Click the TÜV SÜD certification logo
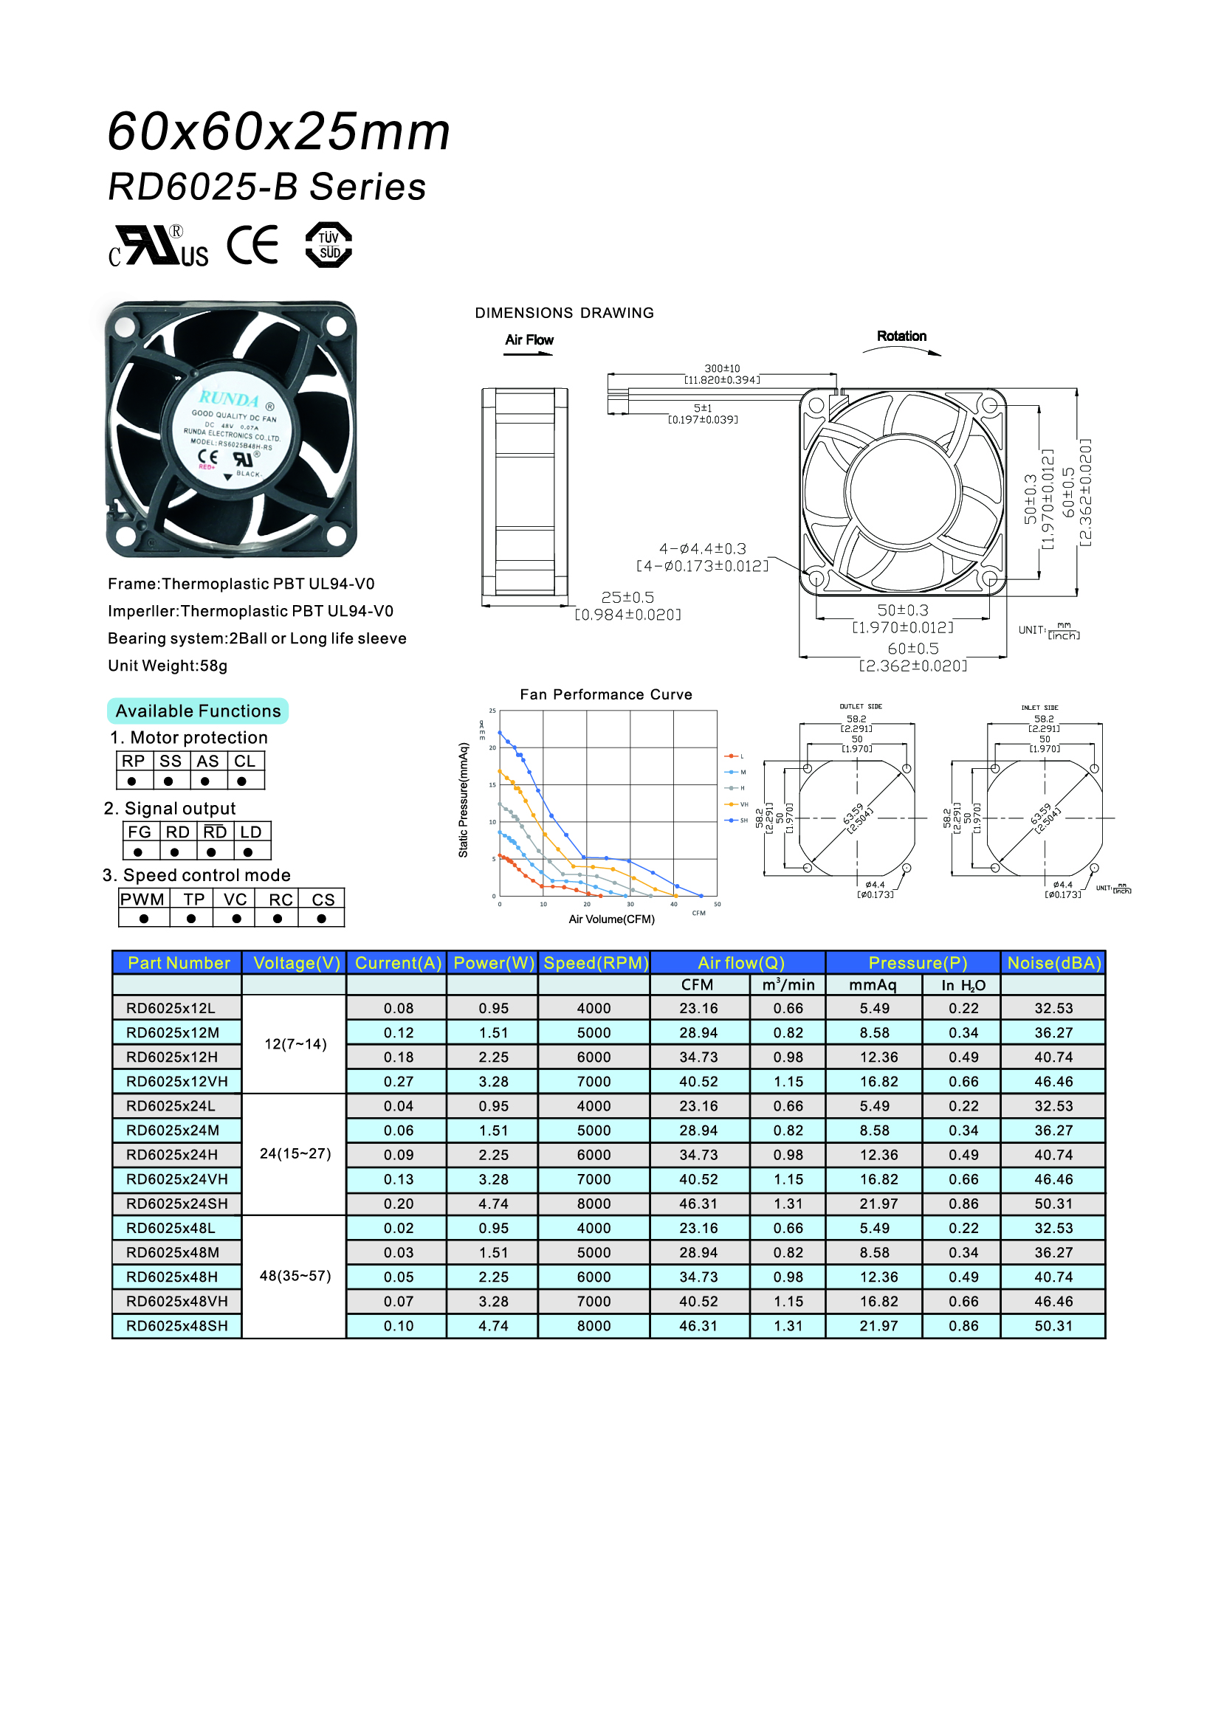(329, 245)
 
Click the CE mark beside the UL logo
(252, 245)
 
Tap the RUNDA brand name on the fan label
(229, 398)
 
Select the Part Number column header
(178, 963)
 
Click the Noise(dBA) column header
(1053, 963)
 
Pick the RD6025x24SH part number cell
(176, 1204)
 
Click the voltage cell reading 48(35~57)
(295, 1276)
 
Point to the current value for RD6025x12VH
(398, 1082)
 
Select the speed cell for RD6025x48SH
(594, 1326)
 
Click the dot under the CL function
(241, 781)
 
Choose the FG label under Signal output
(139, 832)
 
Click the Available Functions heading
(198, 711)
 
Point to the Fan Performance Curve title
(605, 694)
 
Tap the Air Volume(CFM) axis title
(611, 919)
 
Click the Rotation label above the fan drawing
(901, 336)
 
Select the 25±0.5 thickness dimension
(627, 598)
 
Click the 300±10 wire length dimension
(722, 368)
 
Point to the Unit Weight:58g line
(167, 666)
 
